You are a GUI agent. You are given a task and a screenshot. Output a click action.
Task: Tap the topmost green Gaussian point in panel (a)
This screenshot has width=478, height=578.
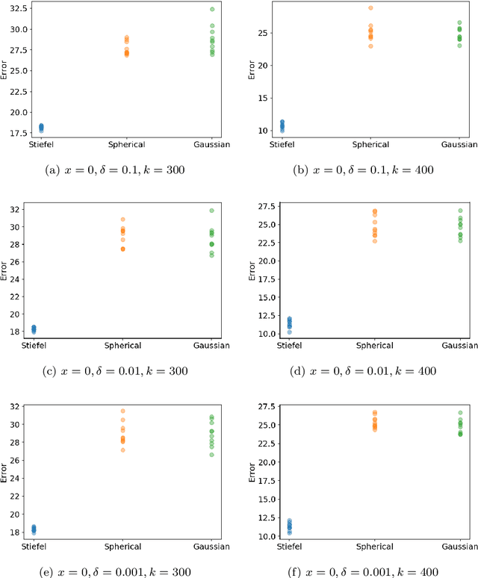[x=212, y=10]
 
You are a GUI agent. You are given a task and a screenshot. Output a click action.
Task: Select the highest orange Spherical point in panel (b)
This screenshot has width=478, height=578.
[x=370, y=8]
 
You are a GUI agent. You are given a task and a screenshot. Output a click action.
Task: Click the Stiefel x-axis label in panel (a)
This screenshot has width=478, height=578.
[x=41, y=144]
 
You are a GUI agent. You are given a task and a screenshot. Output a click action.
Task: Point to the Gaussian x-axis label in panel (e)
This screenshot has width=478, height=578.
[x=212, y=547]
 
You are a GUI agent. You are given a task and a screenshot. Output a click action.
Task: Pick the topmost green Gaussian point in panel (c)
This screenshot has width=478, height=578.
[x=212, y=211]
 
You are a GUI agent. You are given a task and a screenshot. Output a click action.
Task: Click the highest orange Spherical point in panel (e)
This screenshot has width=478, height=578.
[x=123, y=411]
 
